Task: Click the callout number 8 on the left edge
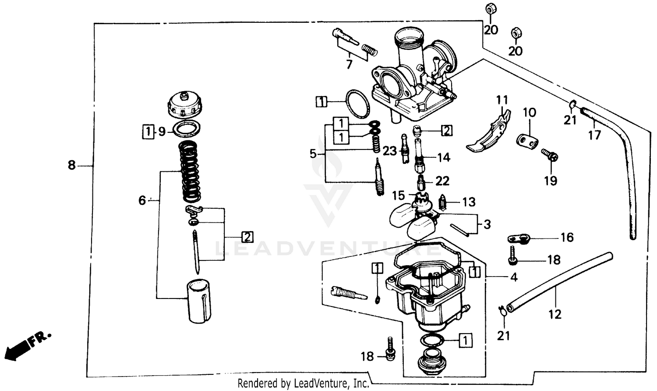coord(71,166)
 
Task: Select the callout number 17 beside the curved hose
coord(594,135)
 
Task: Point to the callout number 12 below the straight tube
coord(555,314)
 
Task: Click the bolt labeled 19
coord(549,155)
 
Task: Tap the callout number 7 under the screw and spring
coord(349,65)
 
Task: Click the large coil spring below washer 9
coord(191,171)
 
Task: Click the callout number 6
coord(142,201)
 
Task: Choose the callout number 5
coord(313,154)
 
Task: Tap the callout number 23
coord(389,151)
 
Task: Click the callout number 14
coord(443,157)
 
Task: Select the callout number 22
coord(442,181)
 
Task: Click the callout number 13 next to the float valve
coord(469,202)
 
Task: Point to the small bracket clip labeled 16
coord(519,239)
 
